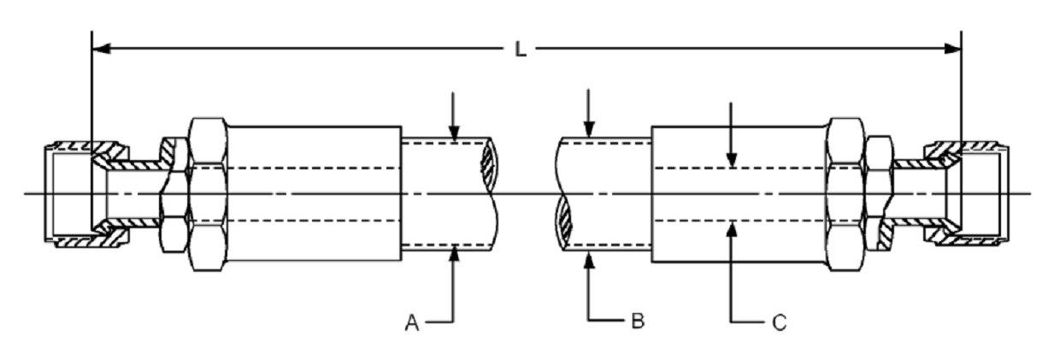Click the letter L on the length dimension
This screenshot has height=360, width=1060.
click(521, 50)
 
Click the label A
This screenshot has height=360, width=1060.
click(412, 323)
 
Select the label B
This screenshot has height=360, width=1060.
click(638, 321)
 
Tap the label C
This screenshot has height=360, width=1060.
click(780, 323)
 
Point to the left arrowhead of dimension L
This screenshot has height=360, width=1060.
click(101, 48)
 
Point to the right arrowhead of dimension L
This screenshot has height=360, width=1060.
click(952, 48)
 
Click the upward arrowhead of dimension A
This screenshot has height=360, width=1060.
click(454, 254)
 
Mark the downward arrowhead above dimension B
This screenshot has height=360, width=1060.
click(589, 130)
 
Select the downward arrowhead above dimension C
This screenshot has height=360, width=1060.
click(732, 159)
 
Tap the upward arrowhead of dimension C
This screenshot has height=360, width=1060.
click(732, 230)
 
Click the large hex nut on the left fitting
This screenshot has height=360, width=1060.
click(208, 194)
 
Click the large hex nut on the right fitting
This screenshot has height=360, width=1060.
click(845, 194)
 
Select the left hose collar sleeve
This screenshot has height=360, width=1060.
click(315, 193)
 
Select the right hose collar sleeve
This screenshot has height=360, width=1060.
click(739, 194)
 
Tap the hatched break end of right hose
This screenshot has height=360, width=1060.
click(564, 223)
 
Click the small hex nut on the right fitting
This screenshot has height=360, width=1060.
click(880, 194)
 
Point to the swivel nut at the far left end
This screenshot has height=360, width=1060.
click(86, 194)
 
